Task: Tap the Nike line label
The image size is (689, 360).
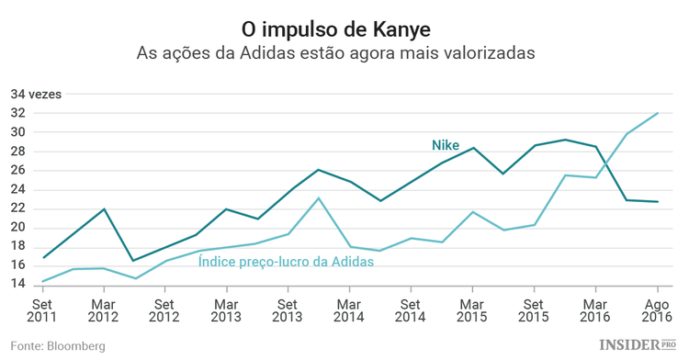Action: (x=446, y=145)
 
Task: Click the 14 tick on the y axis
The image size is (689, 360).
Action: (x=18, y=285)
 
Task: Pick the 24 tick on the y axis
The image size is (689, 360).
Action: (x=18, y=189)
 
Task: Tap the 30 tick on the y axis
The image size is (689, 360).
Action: (x=18, y=132)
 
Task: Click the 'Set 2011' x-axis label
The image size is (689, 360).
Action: (x=42, y=310)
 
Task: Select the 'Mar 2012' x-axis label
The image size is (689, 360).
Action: (x=104, y=310)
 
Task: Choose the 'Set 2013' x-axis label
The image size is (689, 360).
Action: (x=288, y=310)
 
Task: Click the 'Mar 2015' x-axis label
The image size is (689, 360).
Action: (x=472, y=310)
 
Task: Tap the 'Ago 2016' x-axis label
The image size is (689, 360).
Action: (x=657, y=310)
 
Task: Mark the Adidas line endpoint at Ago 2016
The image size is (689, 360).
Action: (x=658, y=113)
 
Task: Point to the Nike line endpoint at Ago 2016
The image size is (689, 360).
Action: (x=658, y=201)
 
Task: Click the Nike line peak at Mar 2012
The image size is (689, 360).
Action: (x=104, y=208)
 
